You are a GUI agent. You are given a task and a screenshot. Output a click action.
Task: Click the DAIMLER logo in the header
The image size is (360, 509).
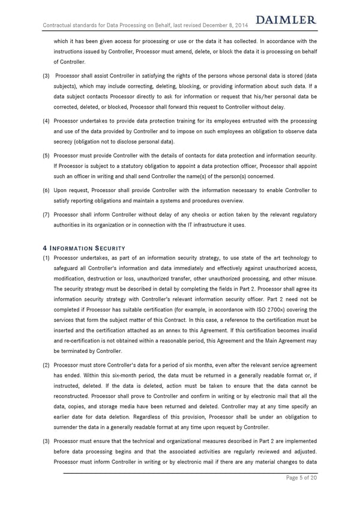(x=286, y=20)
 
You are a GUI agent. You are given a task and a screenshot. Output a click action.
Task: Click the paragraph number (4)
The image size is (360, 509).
(x=46, y=121)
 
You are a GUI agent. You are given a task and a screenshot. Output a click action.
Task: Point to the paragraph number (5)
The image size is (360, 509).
(x=46, y=155)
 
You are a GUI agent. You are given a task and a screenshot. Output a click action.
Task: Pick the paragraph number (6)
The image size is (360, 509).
(x=46, y=190)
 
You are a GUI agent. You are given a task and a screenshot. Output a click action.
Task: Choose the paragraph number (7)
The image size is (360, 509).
(x=46, y=215)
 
